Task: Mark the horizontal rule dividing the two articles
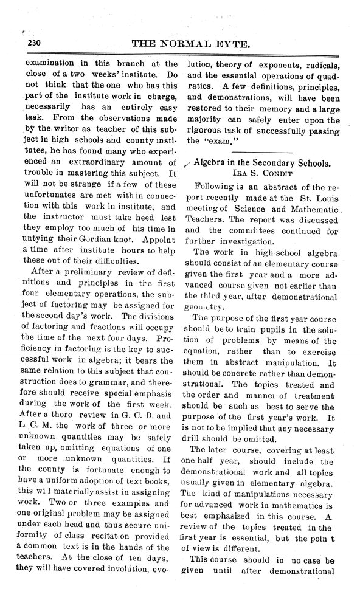(262, 150)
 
